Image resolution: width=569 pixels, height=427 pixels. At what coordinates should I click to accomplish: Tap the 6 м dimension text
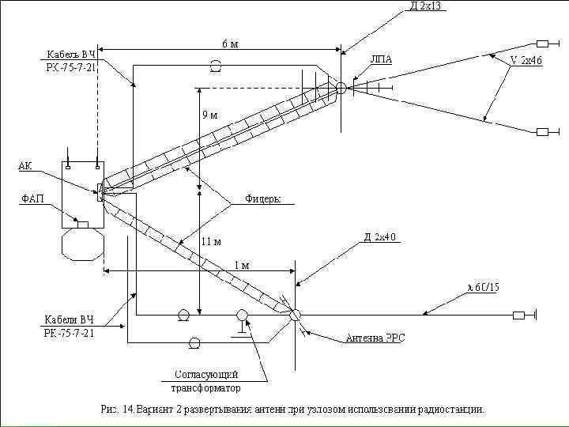tap(229, 43)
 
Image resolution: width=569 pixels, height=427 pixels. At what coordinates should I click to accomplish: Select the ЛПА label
tap(380, 60)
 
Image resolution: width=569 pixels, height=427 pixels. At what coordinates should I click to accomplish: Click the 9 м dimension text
tap(210, 115)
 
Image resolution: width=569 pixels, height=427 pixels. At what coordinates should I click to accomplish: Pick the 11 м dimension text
tap(211, 240)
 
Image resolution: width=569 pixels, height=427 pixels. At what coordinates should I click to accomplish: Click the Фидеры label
tap(262, 198)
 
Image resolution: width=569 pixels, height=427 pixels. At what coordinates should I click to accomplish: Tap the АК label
tap(25, 165)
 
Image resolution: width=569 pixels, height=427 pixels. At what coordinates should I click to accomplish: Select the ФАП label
tap(32, 198)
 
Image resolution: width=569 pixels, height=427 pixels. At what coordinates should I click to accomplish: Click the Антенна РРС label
tap(375, 338)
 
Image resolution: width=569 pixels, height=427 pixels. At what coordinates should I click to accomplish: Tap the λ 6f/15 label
tap(484, 286)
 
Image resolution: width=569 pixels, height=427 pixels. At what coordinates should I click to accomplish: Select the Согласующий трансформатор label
tap(206, 380)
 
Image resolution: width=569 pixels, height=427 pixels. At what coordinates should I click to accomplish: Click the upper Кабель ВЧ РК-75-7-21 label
tap(70, 61)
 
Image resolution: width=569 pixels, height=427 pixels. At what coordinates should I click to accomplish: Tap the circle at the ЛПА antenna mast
tap(341, 88)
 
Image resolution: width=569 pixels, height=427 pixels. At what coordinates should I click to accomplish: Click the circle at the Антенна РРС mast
tap(295, 314)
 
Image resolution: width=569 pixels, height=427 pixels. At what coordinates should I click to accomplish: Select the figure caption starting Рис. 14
tap(293, 410)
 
